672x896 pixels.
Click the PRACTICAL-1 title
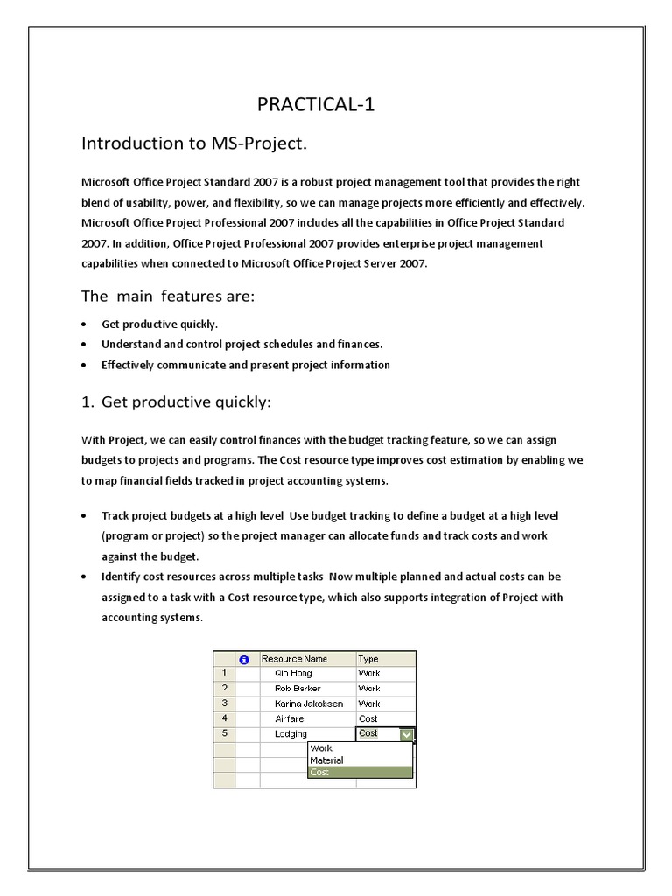[x=316, y=106]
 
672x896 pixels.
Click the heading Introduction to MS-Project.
[x=194, y=143]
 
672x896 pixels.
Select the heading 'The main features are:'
[x=167, y=297]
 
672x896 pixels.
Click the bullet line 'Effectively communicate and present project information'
[x=245, y=365]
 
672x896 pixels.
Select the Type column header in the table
[x=368, y=659]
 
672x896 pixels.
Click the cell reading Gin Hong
[x=293, y=674]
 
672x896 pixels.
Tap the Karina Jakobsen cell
[x=302, y=703]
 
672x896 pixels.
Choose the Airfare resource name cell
[x=290, y=718]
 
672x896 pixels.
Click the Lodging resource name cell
[x=291, y=733]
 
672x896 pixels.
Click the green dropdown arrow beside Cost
[x=407, y=735]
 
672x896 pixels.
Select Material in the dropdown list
[x=326, y=760]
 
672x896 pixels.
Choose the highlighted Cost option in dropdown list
[x=319, y=773]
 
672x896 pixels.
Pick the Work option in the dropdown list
[x=321, y=749]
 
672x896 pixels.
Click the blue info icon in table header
[x=244, y=660]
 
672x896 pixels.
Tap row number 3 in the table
[x=225, y=703]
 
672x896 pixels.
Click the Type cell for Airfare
[x=368, y=718]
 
